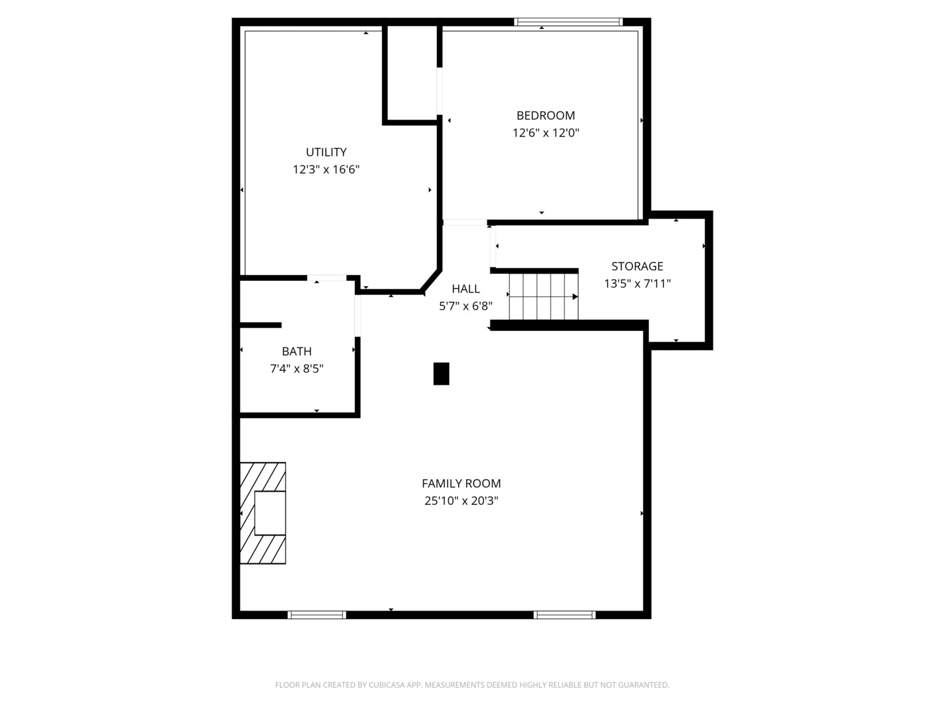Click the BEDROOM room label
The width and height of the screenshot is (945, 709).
pyautogui.click(x=545, y=116)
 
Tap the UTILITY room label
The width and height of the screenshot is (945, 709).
pyautogui.click(x=326, y=152)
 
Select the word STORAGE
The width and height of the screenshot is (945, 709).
pyautogui.click(x=637, y=266)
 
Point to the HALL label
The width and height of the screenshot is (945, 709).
pyautogui.click(x=465, y=288)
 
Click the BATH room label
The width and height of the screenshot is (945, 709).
pyautogui.click(x=297, y=351)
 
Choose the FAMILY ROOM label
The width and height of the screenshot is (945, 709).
pyautogui.click(x=461, y=483)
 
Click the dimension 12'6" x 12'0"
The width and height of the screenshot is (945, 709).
pyautogui.click(x=545, y=133)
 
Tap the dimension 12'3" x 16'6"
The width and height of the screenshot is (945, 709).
pyautogui.click(x=326, y=169)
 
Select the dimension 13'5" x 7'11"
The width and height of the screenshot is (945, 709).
pyautogui.click(x=637, y=283)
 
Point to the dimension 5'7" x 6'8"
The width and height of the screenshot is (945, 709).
pyautogui.click(x=465, y=306)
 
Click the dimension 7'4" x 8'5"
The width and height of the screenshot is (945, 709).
pyautogui.click(x=297, y=368)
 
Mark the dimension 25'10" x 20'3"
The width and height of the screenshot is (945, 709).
pyautogui.click(x=461, y=501)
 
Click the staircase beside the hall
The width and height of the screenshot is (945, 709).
pyautogui.click(x=543, y=297)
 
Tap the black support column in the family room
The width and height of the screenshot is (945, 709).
pyautogui.click(x=441, y=374)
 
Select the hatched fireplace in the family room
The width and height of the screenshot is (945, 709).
pyautogui.click(x=262, y=513)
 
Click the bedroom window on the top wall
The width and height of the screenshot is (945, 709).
pyautogui.click(x=568, y=22)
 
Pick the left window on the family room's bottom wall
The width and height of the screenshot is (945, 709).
pyautogui.click(x=317, y=614)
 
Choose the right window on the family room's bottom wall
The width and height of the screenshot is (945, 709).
pyautogui.click(x=564, y=614)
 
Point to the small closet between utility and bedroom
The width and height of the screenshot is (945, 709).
pyautogui.click(x=412, y=73)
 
